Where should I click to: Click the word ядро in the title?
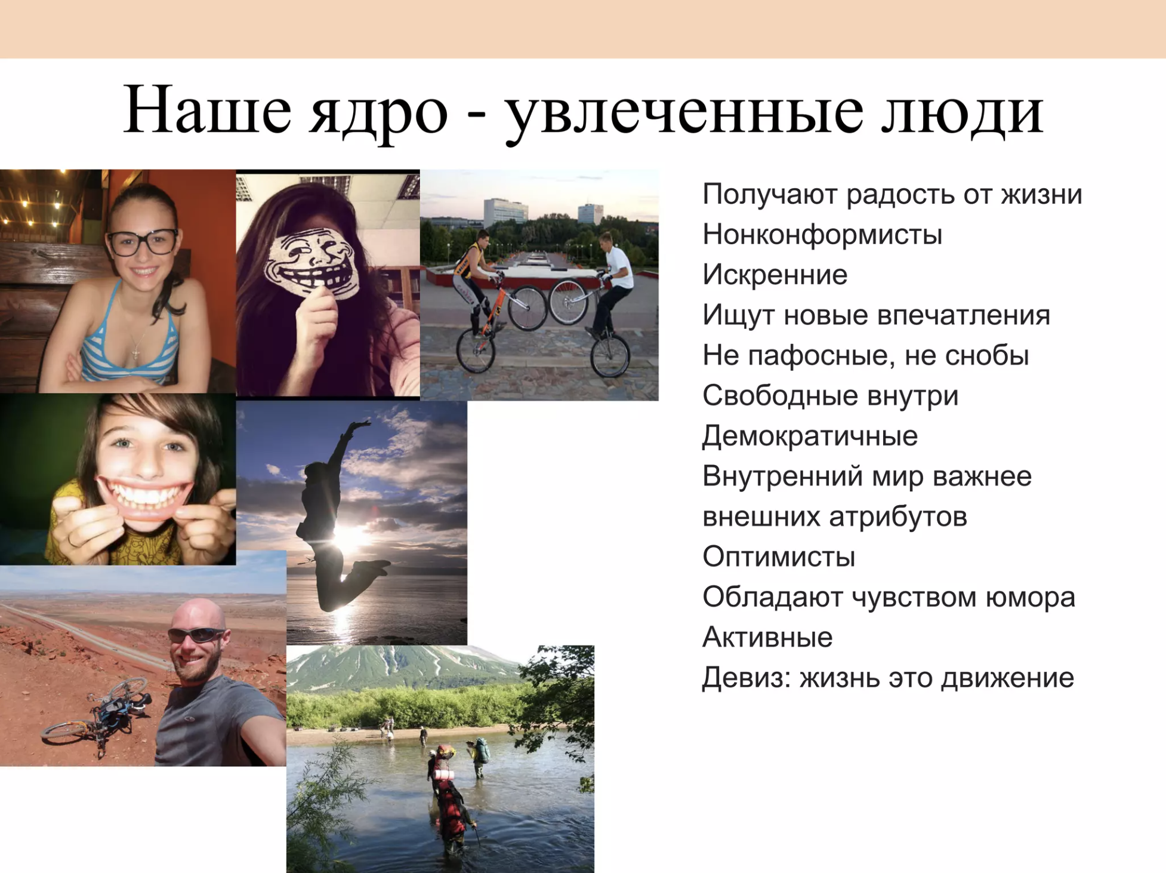click(x=378, y=113)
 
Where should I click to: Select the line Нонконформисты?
click(x=822, y=234)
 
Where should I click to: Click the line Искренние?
click(x=775, y=275)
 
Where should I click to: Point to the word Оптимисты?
click(x=779, y=557)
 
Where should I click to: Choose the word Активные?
click(x=767, y=637)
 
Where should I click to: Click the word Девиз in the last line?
click(x=747, y=678)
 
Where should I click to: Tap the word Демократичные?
click(x=810, y=436)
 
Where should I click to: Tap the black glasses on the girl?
click(x=143, y=242)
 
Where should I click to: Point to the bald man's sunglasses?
click(x=197, y=634)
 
